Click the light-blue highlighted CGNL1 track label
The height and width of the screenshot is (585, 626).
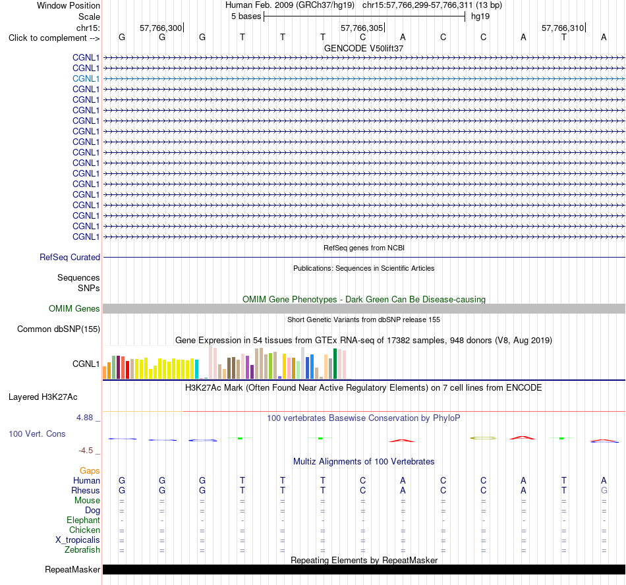pyautogui.click(x=86, y=78)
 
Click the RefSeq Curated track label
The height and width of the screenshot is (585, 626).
pyautogui.click(x=70, y=258)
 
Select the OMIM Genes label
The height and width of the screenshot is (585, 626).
pyautogui.click(x=74, y=308)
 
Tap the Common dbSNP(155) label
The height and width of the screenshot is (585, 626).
pyautogui.click(x=59, y=329)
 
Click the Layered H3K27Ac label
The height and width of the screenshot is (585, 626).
pyautogui.click(x=43, y=397)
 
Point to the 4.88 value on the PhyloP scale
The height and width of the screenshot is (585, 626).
pyautogui.click(x=84, y=418)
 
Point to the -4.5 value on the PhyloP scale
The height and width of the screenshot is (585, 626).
pyautogui.click(x=86, y=451)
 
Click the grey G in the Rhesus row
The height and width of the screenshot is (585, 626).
pyautogui.click(x=604, y=490)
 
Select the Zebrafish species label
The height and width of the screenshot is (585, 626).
pyautogui.click(x=82, y=550)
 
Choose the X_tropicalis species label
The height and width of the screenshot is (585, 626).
pyautogui.click(x=78, y=540)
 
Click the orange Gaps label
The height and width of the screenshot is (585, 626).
pyautogui.click(x=90, y=471)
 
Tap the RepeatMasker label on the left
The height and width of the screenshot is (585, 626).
pyautogui.click(x=72, y=569)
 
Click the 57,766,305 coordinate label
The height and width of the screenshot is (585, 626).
pyautogui.click(x=362, y=28)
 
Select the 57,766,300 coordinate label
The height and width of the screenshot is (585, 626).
pyautogui.click(x=161, y=28)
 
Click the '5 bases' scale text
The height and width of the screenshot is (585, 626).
pyautogui.click(x=246, y=16)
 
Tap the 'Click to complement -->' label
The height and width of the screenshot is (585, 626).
pyautogui.click(x=54, y=38)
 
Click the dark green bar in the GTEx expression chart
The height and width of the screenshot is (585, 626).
pyautogui.click(x=335, y=364)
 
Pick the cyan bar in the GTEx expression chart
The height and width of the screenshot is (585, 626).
pyautogui.click(x=197, y=369)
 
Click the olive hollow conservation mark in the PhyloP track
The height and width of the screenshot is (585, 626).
pyautogui.click(x=484, y=437)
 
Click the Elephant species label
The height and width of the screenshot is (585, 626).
pyautogui.click(x=84, y=520)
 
